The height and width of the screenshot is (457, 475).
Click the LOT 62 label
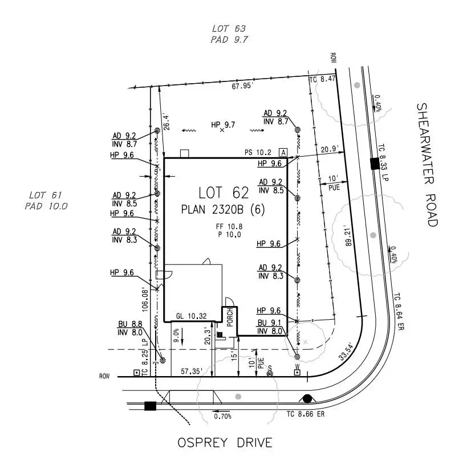click(x=224, y=193)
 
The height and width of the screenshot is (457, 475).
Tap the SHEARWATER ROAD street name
click(x=427, y=165)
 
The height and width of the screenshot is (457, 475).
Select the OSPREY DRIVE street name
click(x=225, y=443)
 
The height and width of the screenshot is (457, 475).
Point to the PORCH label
click(x=230, y=317)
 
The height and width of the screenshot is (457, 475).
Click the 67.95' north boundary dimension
click(x=241, y=86)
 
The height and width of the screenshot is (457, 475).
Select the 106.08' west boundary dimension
click(x=145, y=301)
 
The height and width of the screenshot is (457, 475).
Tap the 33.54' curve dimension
click(x=346, y=351)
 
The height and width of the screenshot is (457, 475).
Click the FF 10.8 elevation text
click(x=229, y=226)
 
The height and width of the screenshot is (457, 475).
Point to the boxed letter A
click(x=283, y=153)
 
